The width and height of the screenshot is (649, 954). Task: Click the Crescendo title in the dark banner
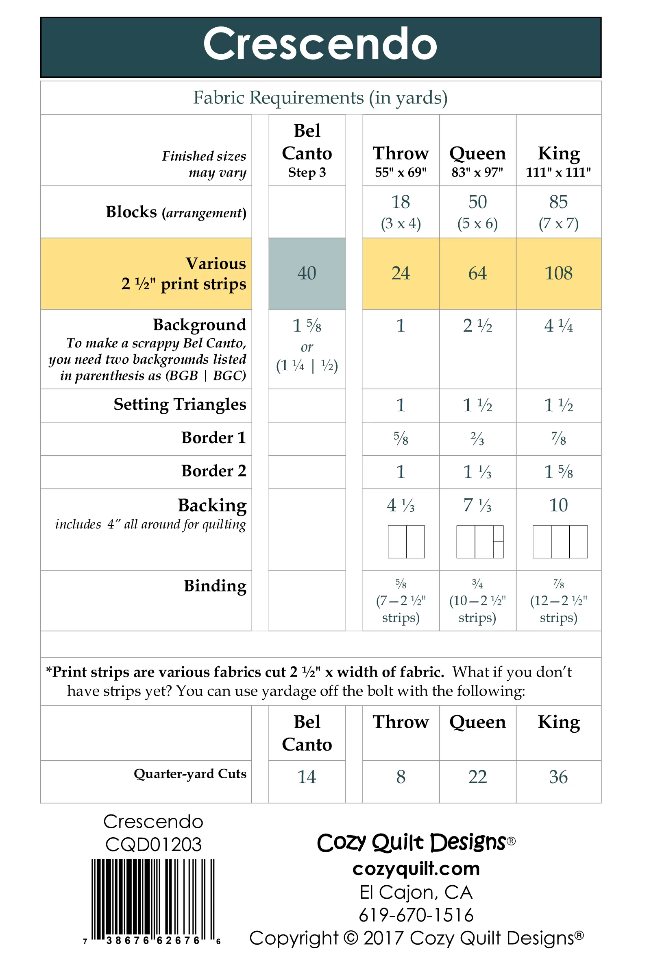pos(320,44)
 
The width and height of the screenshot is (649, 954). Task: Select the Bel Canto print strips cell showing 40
pos(307,273)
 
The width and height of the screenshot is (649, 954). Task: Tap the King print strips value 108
pos(558,273)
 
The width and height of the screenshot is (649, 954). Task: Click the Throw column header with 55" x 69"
pos(401,162)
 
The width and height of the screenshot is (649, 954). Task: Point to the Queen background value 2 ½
pos(477,326)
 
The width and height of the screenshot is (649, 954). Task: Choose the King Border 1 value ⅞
pos(558,439)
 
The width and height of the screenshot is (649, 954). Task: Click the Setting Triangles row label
pos(180,405)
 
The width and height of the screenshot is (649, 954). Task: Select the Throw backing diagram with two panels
pos(406,542)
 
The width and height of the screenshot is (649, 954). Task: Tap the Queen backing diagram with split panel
pos(479,542)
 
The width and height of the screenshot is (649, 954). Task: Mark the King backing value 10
pos(558,505)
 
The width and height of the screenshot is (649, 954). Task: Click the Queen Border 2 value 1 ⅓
pos(477,472)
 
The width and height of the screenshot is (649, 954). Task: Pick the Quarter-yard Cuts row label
pos(190,774)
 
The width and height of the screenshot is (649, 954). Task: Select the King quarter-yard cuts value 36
pos(558,777)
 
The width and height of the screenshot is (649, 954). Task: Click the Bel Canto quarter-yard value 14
pos(307,777)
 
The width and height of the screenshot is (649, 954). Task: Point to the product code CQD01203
pos(153,845)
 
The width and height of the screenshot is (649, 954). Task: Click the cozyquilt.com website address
pos(416,869)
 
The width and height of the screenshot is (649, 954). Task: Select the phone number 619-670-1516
pos(416,915)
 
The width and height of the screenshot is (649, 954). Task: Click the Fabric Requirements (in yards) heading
pos(320,98)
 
